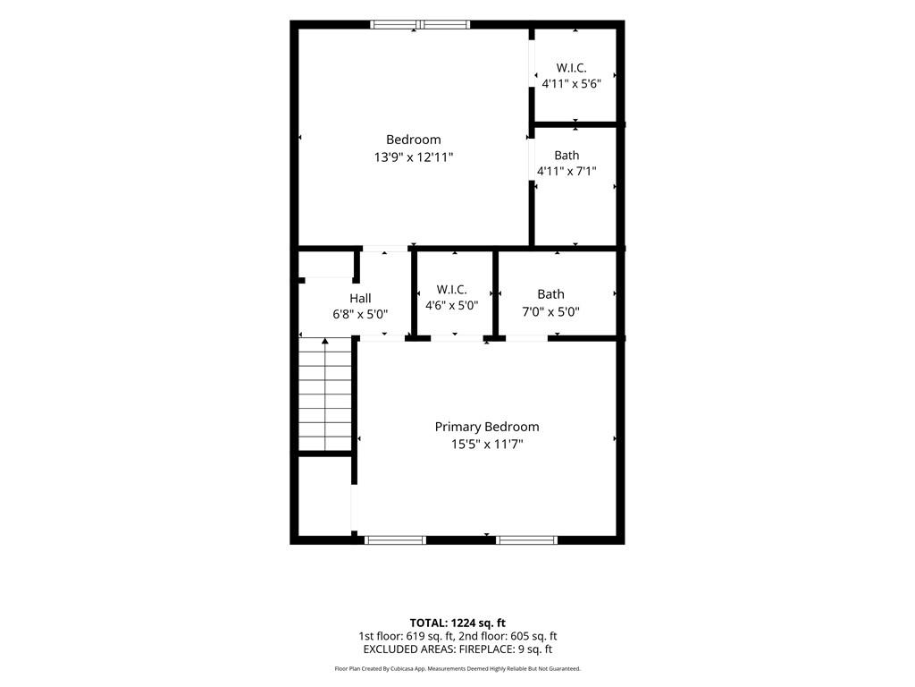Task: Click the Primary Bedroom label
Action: pos(487,427)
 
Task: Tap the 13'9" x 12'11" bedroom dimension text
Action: pos(414,157)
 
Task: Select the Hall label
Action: pos(360,299)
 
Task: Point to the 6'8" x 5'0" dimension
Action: pos(360,314)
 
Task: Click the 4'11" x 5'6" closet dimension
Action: pos(571,83)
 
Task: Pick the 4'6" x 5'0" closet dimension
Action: pos(451,305)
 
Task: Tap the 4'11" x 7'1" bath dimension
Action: pos(567,171)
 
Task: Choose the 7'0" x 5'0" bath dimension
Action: pos(550,311)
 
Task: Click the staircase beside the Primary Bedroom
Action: pos(325,394)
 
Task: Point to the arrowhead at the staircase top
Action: pos(325,341)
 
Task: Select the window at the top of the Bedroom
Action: pos(420,24)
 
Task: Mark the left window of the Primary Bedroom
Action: pos(396,540)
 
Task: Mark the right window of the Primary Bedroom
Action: pos(527,540)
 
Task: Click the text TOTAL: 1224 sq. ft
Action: pos(457,623)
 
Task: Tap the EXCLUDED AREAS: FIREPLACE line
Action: pos(457,649)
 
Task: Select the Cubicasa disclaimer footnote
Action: pos(457,668)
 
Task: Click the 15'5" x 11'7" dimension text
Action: pos(487,445)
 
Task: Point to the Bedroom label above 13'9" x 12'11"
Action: pos(414,140)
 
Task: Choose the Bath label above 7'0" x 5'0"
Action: pos(550,293)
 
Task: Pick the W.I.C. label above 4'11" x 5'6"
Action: pos(571,68)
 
